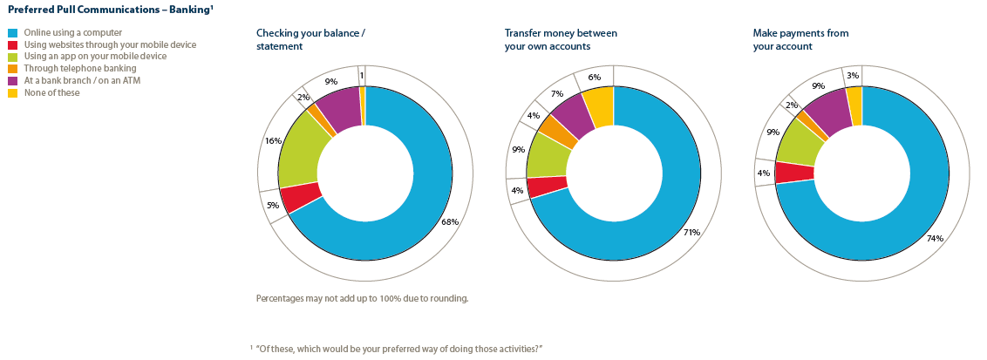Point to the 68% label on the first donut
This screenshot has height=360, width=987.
pos(450,221)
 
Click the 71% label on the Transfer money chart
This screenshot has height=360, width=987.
pos(691,233)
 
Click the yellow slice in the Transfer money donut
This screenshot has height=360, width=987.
pos(599,105)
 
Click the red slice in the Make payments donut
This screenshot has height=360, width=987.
pos(793,172)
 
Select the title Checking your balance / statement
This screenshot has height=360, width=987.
pos(310,39)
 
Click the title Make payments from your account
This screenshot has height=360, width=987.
pos(800,39)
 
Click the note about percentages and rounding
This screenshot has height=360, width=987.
pos(362,298)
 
